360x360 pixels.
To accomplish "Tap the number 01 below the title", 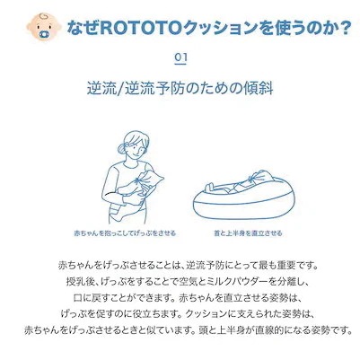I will pyautogui.click(x=180, y=57).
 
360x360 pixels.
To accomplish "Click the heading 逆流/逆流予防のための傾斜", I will pyautogui.click(x=180, y=93).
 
